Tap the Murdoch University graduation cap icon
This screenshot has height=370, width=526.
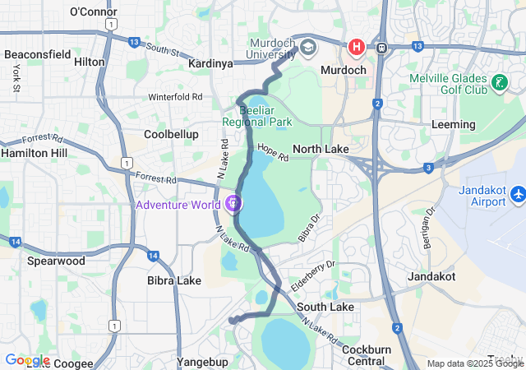point(308,46)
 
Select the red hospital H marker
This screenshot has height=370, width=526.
point(356,47)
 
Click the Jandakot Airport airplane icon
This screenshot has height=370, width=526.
point(518,195)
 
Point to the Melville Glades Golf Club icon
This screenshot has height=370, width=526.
point(499,82)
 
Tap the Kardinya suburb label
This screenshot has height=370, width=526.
point(210,62)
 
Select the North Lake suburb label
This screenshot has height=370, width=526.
point(321,149)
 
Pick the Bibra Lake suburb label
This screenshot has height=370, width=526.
point(174,280)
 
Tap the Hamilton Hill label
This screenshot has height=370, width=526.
point(35,153)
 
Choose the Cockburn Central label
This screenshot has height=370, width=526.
point(367,355)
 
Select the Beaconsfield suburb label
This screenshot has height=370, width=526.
point(38,54)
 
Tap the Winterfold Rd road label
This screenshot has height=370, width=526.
point(175,97)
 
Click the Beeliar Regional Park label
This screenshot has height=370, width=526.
point(257,116)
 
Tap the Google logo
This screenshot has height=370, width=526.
point(27,360)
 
